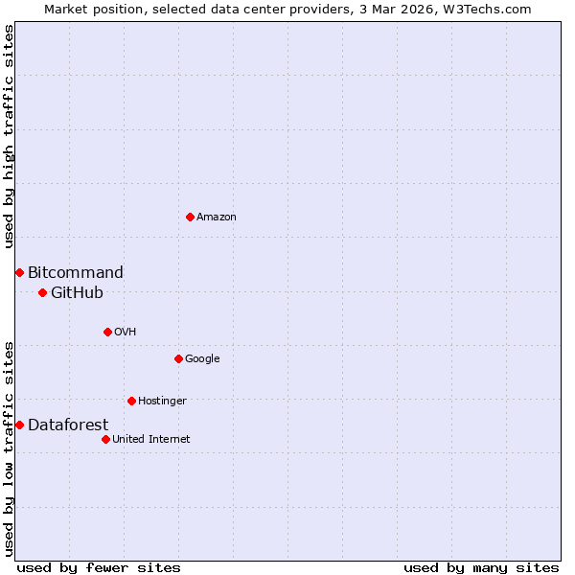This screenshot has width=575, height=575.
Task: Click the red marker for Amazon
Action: tap(190, 217)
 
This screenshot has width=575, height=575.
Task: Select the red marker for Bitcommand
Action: tap(19, 272)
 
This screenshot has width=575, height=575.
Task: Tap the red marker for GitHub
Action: tap(42, 292)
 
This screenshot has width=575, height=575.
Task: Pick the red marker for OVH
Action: tap(107, 332)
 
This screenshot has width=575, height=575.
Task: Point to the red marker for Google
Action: tap(178, 358)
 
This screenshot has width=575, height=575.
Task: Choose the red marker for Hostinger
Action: tap(131, 401)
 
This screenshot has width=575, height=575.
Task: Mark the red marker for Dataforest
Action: tap(19, 425)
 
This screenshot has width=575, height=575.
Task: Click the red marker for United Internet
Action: tap(105, 439)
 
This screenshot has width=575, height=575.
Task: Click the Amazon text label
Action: tap(217, 218)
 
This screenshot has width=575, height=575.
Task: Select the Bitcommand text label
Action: tap(76, 273)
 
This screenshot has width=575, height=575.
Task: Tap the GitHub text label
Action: tap(77, 293)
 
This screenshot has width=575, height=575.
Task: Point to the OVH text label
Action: tap(126, 333)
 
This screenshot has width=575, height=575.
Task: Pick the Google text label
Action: tap(202, 359)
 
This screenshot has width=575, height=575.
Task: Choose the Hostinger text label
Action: tap(162, 402)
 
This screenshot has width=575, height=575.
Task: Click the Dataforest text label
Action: tap(68, 425)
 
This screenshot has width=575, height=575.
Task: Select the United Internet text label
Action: tap(151, 440)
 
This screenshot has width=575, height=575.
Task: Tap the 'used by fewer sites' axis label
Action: tap(99, 567)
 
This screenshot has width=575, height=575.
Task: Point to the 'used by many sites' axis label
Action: tap(481, 567)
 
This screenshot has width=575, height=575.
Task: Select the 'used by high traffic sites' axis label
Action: tap(9, 136)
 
